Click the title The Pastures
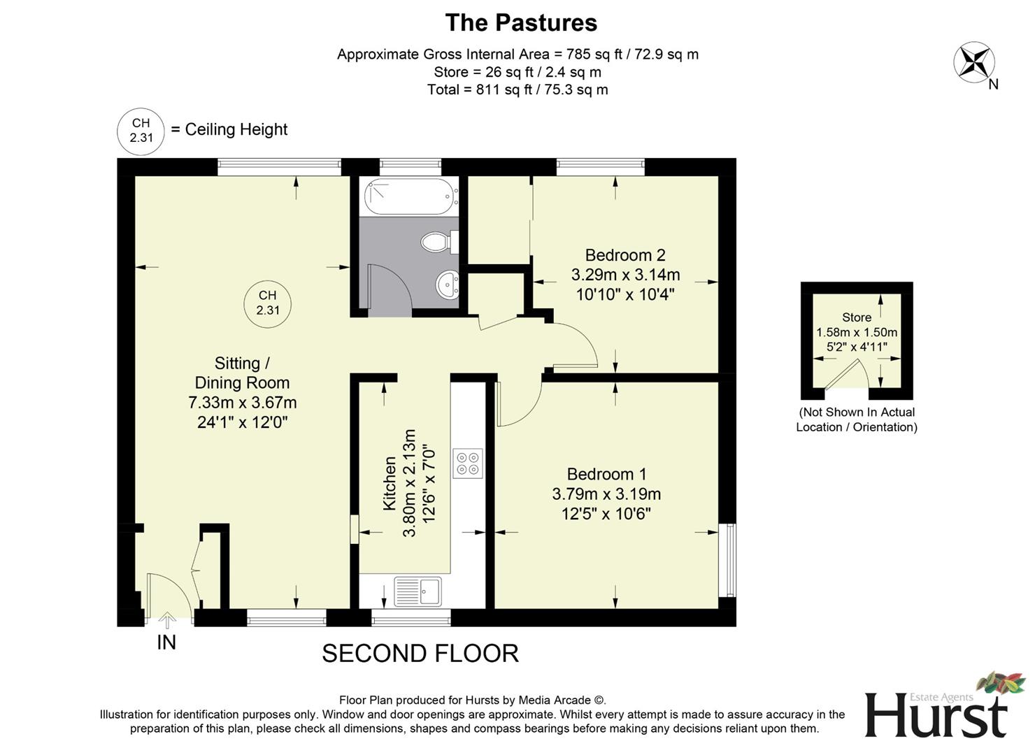[x=521, y=22]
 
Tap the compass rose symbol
[x=973, y=63]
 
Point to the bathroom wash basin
[x=447, y=285]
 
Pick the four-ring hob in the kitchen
[x=467, y=463]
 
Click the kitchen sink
[x=418, y=591]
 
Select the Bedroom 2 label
[x=624, y=255]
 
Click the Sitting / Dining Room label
[x=242, y=373]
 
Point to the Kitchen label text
[x=390, y=483]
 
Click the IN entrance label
[x=166, y=642]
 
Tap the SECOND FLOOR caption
[x=420, y=654]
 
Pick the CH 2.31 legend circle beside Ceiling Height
[x=141, y=131]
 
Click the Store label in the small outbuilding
[x=856, y=317]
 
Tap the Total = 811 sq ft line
[x=517, y=89]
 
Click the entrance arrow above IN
[x=166, y=620]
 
